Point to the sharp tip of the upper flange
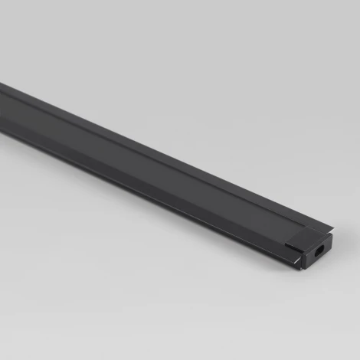(334, 227)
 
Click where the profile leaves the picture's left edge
(2, 103)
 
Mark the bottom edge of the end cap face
(314, 263)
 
